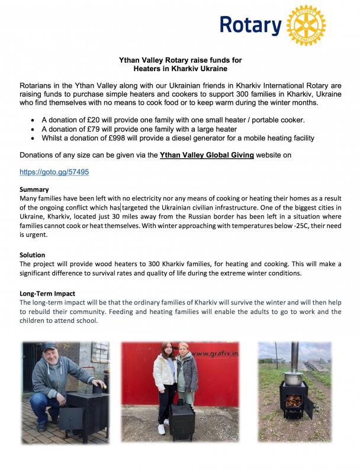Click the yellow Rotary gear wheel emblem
click(306, 25)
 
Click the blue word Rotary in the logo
click(250, 25)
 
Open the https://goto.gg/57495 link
click(54, 172)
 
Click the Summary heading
click(34, 190)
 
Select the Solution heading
click(33, 255)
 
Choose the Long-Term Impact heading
click(47, 293)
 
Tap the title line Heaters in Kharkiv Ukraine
click(180, 69)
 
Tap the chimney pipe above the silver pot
click(294, 354)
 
